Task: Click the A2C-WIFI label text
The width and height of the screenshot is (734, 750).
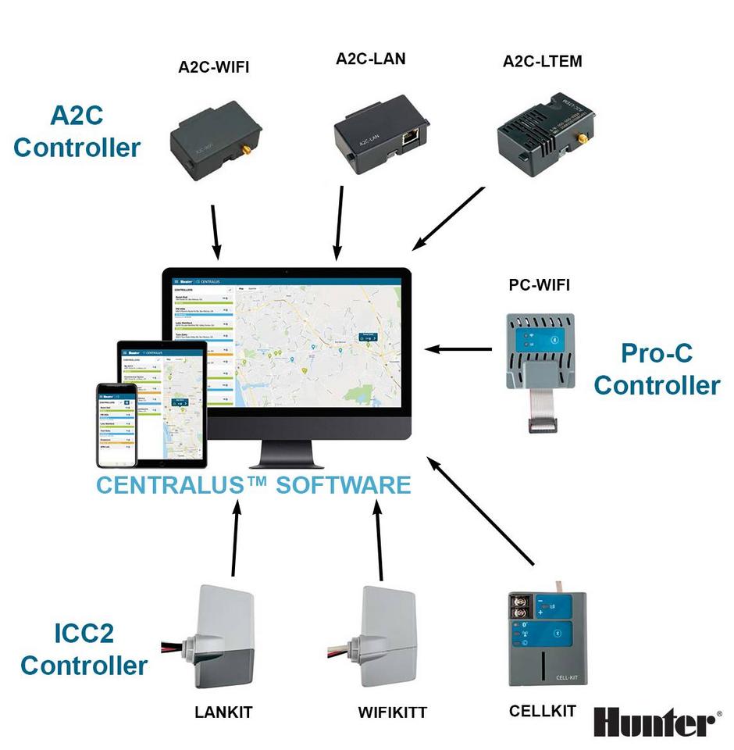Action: (213, 66)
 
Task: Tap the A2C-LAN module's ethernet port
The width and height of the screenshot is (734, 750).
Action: (408, 137)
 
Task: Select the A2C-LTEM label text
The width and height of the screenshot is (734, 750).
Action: (542, 61)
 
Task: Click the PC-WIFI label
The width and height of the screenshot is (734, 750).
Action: (539, 285)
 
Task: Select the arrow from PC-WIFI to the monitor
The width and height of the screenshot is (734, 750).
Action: (460, 349)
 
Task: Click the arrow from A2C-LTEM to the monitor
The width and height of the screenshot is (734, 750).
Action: (448, 218)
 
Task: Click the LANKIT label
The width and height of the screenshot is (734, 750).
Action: (223, 712)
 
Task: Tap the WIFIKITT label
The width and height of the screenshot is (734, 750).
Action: (392, 712)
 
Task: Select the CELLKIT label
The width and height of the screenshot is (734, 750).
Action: (542, 711)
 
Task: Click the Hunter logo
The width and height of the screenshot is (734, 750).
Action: (654, 722)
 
